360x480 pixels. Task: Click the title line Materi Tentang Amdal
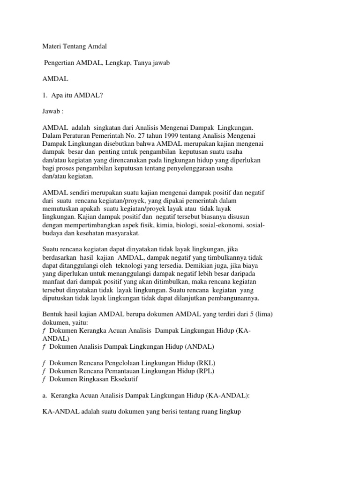point(75,46)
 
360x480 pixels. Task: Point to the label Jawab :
point(53,112)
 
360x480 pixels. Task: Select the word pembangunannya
point(232,299)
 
